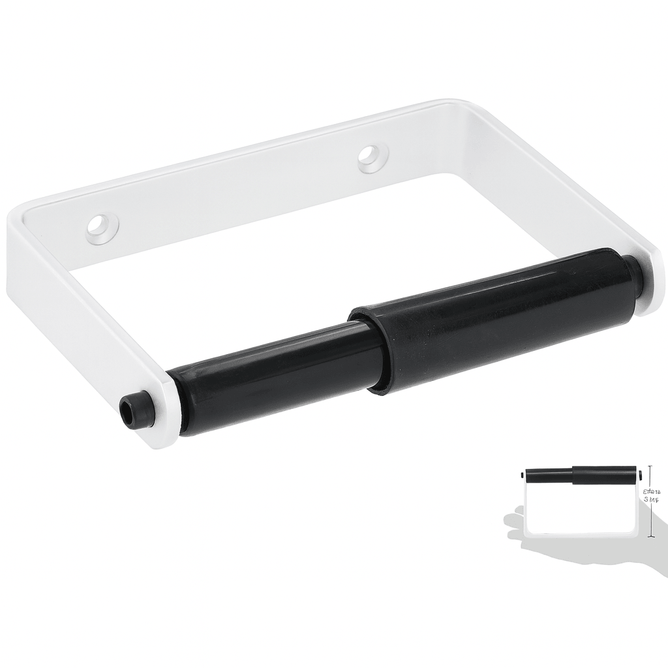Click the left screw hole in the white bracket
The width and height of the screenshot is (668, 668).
tap(102, 228)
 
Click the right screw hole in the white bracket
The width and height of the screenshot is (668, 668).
tap(372, 157)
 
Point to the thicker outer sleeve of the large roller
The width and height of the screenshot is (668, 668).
tap(496, 320)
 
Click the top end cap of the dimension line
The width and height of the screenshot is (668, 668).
tap(650, 466)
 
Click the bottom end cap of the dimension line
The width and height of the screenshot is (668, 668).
tap(650, 537)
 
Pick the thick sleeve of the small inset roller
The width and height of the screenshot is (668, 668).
tap(603, 475)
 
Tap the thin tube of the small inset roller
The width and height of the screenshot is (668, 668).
tap(549, 476)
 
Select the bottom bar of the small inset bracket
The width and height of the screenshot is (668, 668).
tap(581, 534)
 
